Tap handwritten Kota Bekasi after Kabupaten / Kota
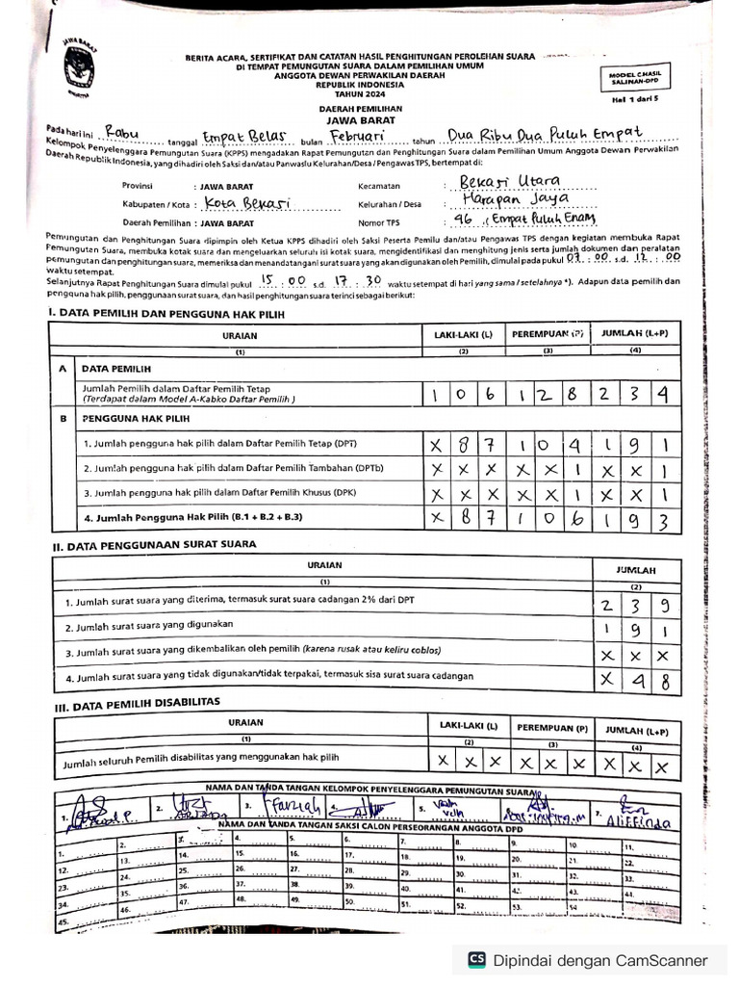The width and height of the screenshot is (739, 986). click(x=246, y=204)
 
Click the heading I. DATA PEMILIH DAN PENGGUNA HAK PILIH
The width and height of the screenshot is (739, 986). click(x=166, y=314)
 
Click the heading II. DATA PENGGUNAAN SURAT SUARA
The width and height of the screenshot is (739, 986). click(x=154, y=545)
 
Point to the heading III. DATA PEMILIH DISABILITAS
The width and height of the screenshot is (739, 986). click(x=137, y=703)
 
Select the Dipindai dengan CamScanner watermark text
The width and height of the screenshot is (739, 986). click(x=600, y=960)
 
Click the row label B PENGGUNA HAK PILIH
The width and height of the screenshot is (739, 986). click(x=122, y=420)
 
